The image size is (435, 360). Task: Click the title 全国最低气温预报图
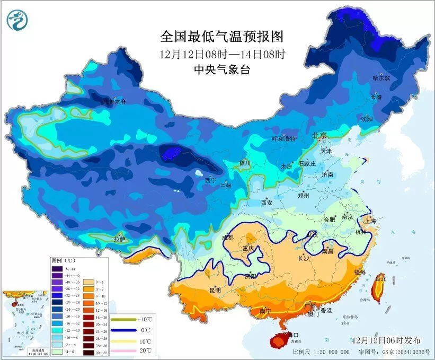click(x=222, y=37)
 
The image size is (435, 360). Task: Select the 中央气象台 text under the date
click(x=222, y=69)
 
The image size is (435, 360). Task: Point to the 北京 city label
click(x=321, y=135)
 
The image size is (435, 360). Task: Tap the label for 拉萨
click(x=120, y=240)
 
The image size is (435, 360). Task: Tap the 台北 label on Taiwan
click(x=380, y=278)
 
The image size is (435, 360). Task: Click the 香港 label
click(x=325, y=310)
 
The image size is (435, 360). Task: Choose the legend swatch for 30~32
click(x=87, y=351)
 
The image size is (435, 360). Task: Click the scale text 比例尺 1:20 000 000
click(x=321, y=352)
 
